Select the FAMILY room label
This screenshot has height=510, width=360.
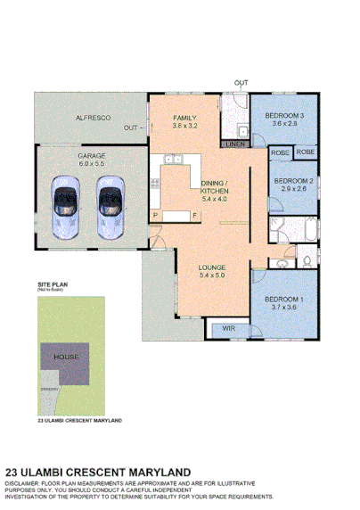185,118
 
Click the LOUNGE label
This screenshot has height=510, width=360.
211,267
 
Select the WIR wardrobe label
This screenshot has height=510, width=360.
228,329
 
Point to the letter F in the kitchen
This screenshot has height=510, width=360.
194,215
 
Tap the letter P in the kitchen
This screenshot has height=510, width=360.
156,215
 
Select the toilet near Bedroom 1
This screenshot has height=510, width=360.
306,260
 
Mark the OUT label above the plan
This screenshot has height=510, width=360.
241,83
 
